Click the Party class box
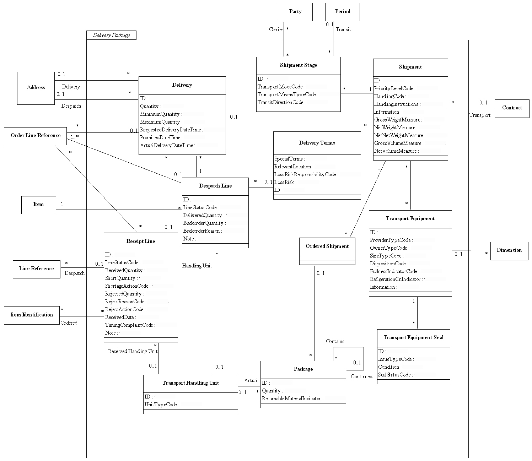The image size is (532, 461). coord(295,12)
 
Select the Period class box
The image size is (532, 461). coord(342,12)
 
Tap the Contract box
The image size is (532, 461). coord(512,108)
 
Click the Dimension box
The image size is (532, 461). coord(509,250)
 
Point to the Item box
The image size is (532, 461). coord(38,205)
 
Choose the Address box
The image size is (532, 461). coord(36,88)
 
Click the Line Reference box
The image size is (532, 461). coord(37,269)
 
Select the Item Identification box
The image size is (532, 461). coord(32,315)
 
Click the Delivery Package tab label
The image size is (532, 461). coord(111,35)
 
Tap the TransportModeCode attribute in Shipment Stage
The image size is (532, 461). coord(280,87)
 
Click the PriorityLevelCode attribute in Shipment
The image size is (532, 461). coord(393,88)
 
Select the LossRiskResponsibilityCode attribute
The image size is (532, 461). coord(305,174)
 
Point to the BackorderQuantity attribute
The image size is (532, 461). coord(203,223)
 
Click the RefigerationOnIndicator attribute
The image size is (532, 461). coord(395,279)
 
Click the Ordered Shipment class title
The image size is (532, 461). coord(327,246)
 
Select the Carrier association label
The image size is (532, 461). coord(276,29)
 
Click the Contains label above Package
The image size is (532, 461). coord(335,341)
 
